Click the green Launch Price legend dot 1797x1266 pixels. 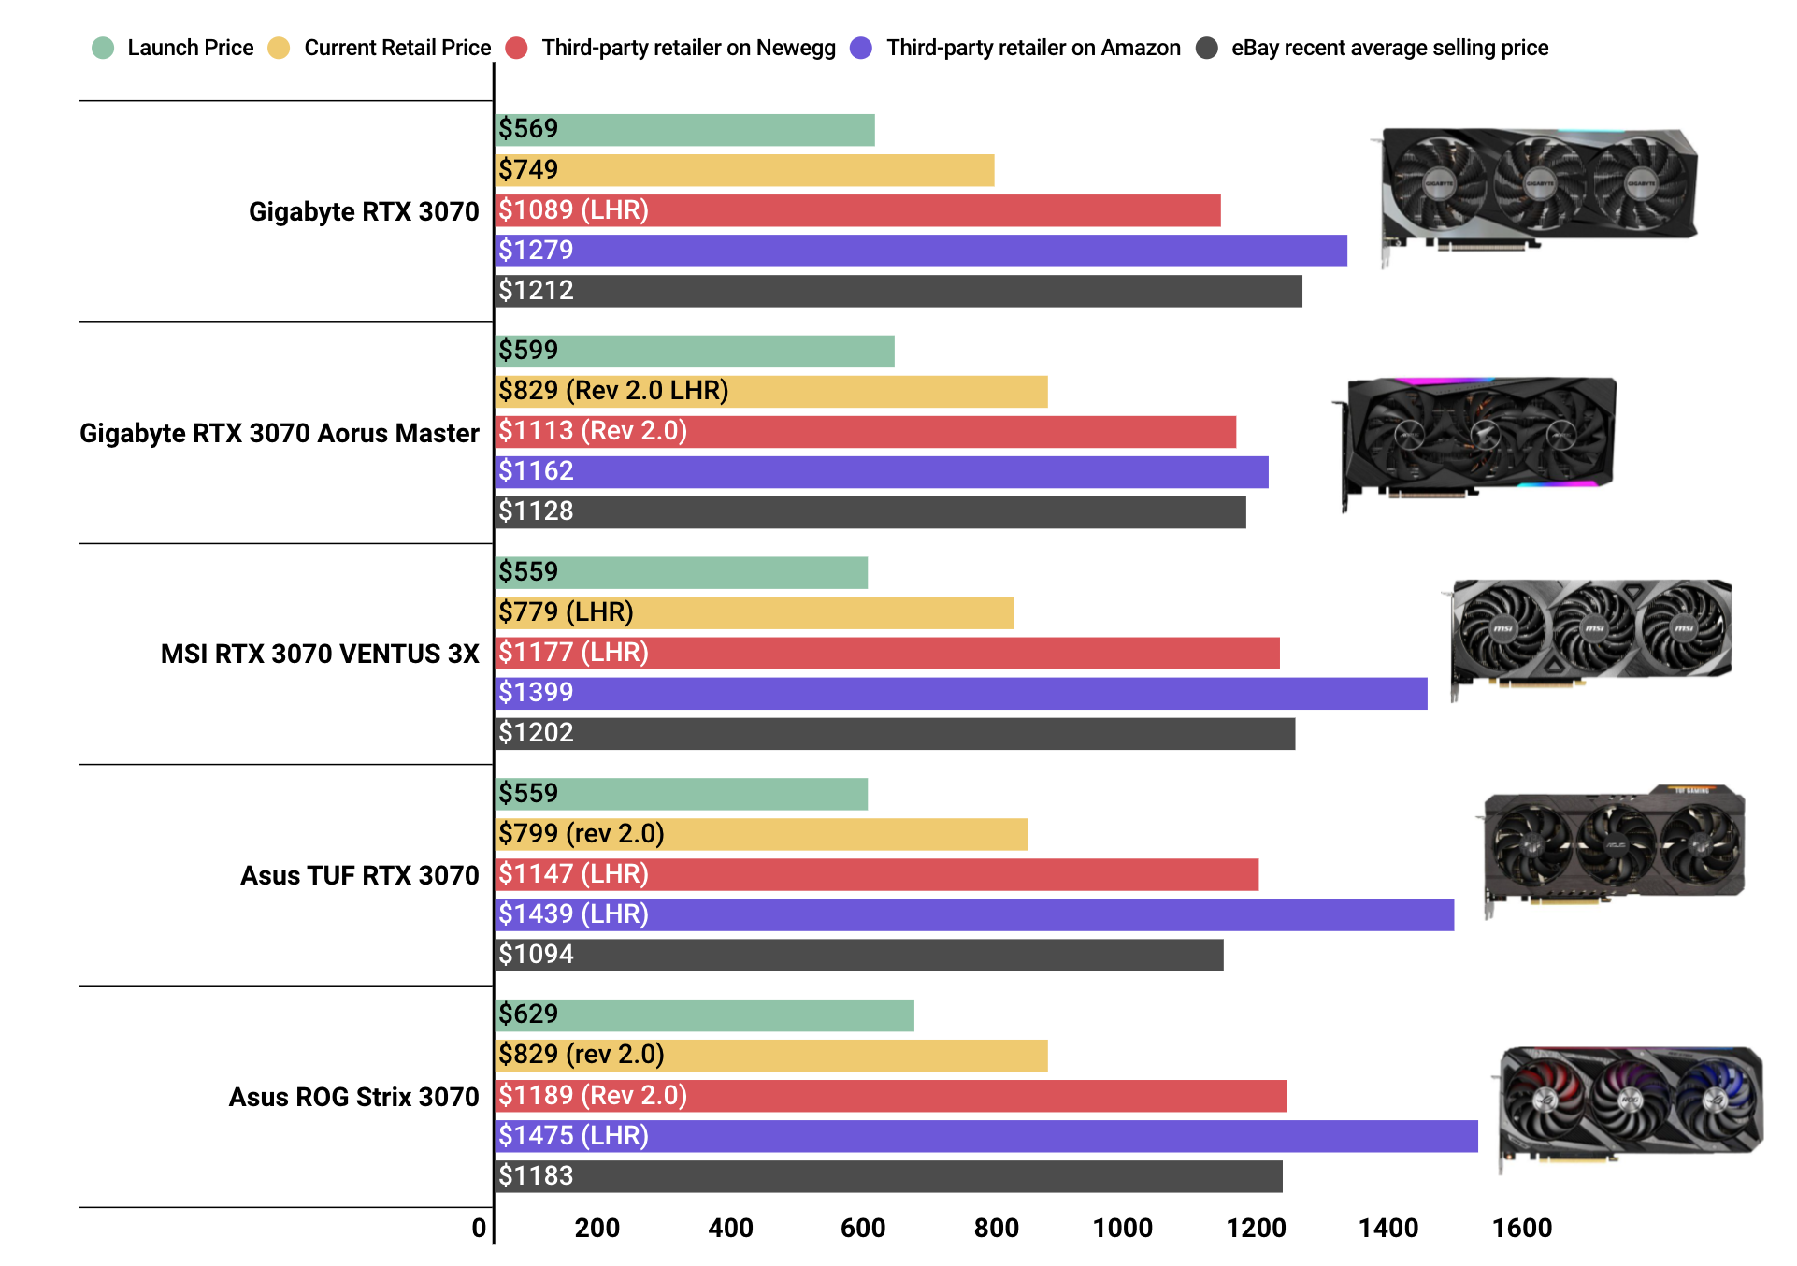[103, 48]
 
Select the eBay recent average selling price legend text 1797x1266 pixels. [1389, 48]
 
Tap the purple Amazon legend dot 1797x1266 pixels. [861, 48]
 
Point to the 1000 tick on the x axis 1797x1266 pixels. [1122, 1228]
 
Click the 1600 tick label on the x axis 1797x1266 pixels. [1521, 1228]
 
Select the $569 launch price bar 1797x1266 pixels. [684, 130]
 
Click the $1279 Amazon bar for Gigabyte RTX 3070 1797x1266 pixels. [921, 251]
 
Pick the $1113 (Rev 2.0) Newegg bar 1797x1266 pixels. [865, 432]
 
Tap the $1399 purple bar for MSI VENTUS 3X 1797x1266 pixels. [961, 693]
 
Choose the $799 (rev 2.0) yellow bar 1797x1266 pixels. [761, 834]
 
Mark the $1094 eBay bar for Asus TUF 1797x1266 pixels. [858, 955]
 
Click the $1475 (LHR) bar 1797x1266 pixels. [986, 1136]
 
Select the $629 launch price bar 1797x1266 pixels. [704, 1015]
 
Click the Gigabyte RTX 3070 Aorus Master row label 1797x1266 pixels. [279, 433]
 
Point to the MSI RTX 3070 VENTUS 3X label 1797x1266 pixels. [319, 654]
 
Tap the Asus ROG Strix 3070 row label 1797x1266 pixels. [353, 1097]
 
